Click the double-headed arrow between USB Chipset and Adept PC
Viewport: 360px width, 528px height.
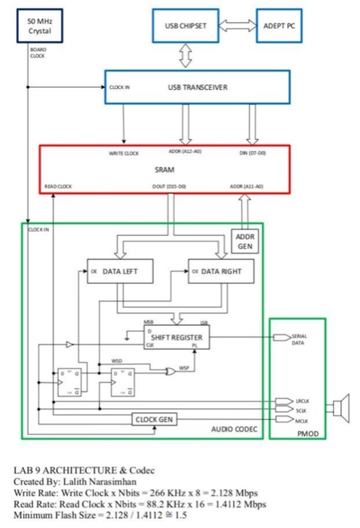pyautogui.click(x=236, y=24)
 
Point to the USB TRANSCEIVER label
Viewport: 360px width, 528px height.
pyautogui.click(x=197, y=87)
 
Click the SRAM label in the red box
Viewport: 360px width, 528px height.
pyautogui.click(x=164, y=170)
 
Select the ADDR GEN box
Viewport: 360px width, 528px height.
pyautogui.click(x=245, y=241)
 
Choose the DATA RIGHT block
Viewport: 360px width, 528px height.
pyautogui.click(x=220, y=270)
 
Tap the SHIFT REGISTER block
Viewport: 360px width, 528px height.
pyautogui.click(x=178, y=336)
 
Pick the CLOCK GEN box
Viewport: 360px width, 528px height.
pyautogui.click(x=155, y=419)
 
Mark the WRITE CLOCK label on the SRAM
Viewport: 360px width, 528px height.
pyautogui.click(x=123, y=153)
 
